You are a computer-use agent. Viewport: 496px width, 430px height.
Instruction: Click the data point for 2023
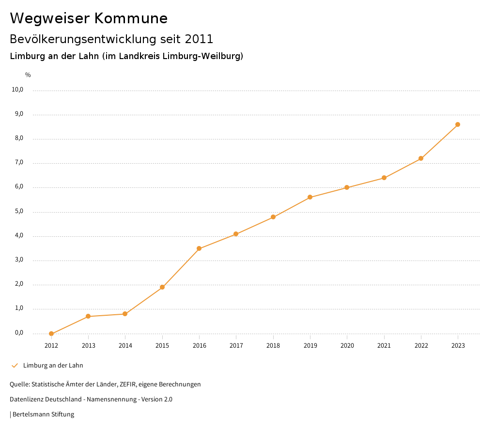(458, 124)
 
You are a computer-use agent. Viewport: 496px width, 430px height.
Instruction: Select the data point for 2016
(199, 248)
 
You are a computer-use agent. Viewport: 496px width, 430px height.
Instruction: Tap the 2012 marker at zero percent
(51, 334)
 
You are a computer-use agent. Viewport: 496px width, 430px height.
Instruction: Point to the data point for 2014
(125, 314)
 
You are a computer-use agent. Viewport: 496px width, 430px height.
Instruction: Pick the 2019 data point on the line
(310, 197)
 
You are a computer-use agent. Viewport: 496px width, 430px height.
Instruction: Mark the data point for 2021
(384, 178)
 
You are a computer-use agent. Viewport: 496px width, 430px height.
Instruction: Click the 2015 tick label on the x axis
(162, 346)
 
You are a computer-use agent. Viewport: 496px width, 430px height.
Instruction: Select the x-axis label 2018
(273, 346)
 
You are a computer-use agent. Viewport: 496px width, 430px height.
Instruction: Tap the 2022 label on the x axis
(421, 346)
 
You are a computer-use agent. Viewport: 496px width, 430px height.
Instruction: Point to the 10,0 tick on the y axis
(17, 90)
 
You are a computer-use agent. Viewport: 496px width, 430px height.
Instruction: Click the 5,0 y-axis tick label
(18, 212)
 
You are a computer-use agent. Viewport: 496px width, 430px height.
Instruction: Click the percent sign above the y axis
(28, 75)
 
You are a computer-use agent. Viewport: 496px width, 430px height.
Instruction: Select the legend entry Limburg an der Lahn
(53, 366)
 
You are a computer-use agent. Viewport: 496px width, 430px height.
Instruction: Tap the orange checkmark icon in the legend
(15, 366)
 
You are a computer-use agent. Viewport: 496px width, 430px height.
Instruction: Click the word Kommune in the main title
(131, 18)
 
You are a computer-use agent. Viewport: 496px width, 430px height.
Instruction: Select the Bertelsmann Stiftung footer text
(43, 415)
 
